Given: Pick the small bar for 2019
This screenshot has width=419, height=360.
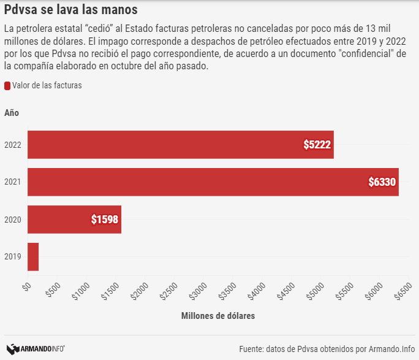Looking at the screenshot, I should coord(33,256).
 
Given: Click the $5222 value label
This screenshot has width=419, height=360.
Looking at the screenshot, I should coord(317,145).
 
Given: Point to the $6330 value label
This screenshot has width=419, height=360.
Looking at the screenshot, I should coord(382,182).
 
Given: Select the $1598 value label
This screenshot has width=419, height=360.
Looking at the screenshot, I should coord(105,219).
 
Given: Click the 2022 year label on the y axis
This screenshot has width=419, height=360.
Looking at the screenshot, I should coord(13,145).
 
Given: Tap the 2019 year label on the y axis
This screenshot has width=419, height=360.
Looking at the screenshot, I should coord(13,257).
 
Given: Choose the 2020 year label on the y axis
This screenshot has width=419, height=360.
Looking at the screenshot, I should coord(13,220).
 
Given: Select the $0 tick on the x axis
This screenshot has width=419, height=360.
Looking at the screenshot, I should coord(26,286).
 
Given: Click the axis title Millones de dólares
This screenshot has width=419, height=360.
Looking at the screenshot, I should coord(218,316).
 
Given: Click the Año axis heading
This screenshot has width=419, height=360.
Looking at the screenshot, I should coord(12,113).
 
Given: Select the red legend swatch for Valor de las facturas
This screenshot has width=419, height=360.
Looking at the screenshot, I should coord(7,86).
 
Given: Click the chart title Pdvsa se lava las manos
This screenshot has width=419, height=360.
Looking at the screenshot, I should coord(70,10).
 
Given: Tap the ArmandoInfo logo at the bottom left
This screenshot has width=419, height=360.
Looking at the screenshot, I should coord(36,348).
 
